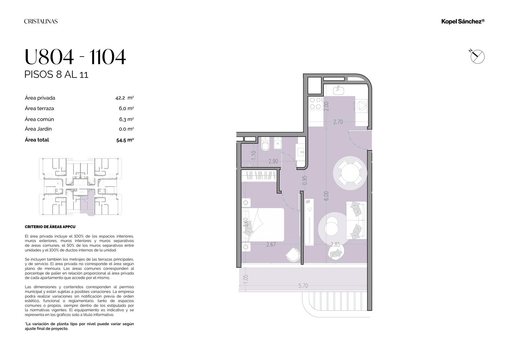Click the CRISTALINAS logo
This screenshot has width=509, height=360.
click(41, 21)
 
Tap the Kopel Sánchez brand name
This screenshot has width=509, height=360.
click(463, 21)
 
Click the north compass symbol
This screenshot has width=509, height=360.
click(477, 56)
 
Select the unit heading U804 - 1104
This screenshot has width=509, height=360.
click(75, 57)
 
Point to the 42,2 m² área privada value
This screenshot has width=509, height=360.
click(124, 98)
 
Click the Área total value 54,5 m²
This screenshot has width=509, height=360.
click(125, 140)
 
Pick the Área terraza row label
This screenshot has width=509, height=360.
click(39, 108)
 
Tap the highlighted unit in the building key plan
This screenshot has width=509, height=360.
click(87, 203)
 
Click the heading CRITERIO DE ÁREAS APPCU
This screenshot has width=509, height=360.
click(50, 227)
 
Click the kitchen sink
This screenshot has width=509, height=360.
click(338, 90)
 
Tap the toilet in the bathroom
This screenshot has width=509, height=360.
click(265, 144)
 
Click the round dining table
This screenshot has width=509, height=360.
click(350, 173)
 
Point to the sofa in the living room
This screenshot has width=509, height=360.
click(356, 220)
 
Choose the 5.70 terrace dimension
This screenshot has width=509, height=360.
click(303, 286)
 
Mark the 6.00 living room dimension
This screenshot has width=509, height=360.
click(326, 196)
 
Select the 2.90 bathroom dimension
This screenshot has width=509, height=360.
click(273, 161)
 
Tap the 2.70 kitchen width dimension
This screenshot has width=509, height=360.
click(338, 122)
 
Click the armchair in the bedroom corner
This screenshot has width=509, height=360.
click(293, 254)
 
